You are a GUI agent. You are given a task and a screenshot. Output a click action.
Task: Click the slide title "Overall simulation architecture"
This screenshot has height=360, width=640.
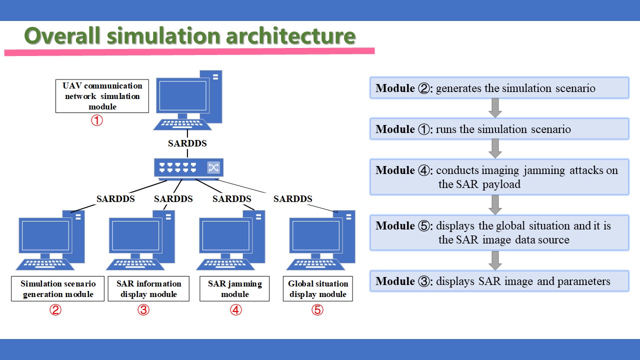189,35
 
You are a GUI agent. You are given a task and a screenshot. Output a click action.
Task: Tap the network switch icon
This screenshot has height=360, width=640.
188,169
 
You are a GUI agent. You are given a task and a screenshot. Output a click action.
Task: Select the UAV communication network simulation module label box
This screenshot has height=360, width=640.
102,96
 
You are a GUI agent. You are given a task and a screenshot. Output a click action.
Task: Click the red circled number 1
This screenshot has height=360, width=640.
97,120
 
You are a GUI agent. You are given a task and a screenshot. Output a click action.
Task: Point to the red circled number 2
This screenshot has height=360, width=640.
55,309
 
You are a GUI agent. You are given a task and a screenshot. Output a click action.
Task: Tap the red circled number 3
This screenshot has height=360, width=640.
143,309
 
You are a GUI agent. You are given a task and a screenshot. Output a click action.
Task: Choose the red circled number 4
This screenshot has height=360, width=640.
236,309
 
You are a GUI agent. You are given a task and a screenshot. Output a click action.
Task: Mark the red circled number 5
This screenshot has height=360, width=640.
317,309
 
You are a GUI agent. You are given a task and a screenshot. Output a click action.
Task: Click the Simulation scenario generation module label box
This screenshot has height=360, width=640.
57,288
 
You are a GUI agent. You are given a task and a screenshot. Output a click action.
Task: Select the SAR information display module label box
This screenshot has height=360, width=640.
148,288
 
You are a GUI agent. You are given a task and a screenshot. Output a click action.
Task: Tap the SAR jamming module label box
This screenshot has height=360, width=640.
234,288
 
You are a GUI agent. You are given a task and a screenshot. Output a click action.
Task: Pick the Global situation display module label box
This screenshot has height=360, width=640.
318,288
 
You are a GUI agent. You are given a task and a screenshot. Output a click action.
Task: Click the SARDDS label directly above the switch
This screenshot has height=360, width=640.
187,143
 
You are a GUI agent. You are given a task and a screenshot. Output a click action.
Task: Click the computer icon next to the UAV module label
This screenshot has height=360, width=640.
187,100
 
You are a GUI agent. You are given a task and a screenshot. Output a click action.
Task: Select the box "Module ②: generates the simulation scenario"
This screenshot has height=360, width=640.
499,87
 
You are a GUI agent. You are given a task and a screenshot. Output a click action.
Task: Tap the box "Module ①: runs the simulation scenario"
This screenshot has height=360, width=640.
499,129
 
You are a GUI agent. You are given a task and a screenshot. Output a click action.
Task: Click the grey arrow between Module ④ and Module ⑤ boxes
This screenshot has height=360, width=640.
495,205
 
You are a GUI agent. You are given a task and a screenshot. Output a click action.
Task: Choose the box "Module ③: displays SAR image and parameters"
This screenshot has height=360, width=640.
499,281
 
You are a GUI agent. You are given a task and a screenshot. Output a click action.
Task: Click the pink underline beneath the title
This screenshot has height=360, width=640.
189,51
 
